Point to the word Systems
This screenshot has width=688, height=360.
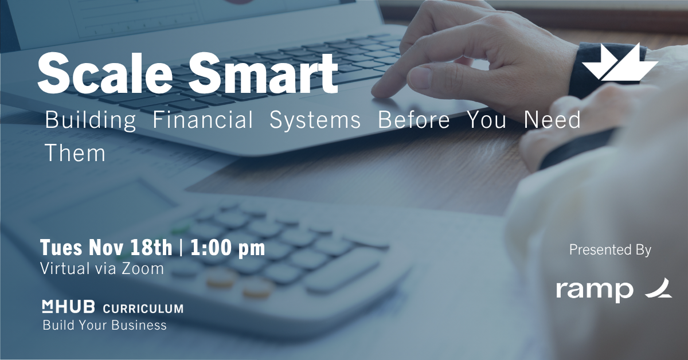click(x=315, y=120)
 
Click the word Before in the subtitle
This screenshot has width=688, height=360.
click(x=414, y=119)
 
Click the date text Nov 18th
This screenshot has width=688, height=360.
click(x=131, y=247)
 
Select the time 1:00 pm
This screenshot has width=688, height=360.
click(x=228, y=248)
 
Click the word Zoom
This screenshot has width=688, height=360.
click(x=143, y=268)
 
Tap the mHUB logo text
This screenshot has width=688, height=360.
click(x=68, y=307)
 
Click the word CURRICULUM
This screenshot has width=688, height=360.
click(x=143, y=308)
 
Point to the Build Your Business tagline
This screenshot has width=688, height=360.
click(x=104, y=325)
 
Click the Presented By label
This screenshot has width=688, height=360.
click(x=610, y=250)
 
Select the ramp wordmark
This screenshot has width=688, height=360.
click(x=595, y=290)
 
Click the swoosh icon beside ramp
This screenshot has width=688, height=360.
click(x=659, y=288)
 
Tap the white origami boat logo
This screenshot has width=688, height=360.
click(x=620, y=62)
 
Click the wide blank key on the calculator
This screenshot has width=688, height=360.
click(x=342, y=272)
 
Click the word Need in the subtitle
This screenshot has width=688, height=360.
click(x=552, y=119)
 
